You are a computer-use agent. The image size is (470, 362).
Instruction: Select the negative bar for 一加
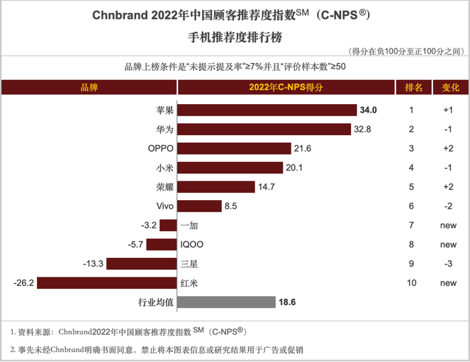(x=168, y=226)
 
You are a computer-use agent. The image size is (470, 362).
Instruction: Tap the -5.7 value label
(x=135, y=244)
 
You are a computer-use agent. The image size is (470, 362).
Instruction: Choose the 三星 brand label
(x=189, y=264)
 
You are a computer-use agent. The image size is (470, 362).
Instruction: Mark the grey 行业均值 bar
(x=226, y=303)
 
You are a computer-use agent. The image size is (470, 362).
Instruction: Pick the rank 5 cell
(x=412, y=187)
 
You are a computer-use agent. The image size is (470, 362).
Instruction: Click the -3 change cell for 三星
(x=449, y=264)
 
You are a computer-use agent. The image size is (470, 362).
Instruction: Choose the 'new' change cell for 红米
(x=449, y=283)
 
